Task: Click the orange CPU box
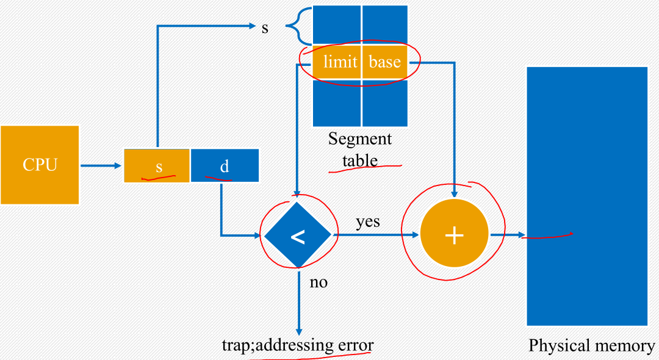(x=40, y=165)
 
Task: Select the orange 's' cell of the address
(x=157, y=165)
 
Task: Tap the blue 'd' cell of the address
(x=225, y=165)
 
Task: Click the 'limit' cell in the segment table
(x=338, y=62)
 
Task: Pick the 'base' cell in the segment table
(x=384, y=62)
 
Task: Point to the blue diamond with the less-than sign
(x=298, y=235)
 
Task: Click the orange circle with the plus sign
(x=454, y=235)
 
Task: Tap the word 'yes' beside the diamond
(x=368, y=221)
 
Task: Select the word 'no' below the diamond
(x=319, y=282)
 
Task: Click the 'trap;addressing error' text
(x=297, y=345)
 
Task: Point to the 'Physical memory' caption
(x=591, y=346)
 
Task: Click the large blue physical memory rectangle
(x=586, y=195)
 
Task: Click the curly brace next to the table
(x=296, y=27)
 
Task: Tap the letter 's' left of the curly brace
(x=265, y=28)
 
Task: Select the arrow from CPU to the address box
(x=101, y=165)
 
